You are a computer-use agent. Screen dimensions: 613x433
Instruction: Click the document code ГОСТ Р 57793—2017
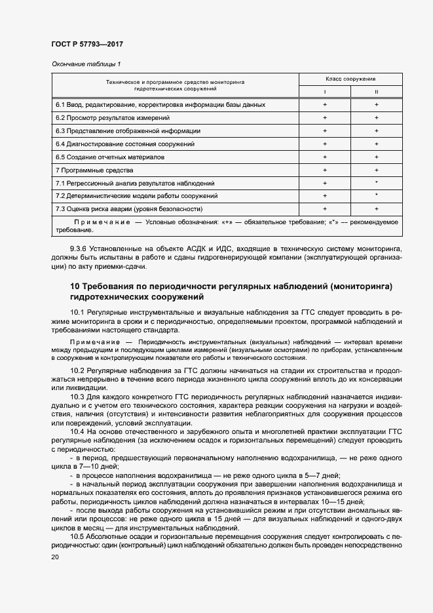87,44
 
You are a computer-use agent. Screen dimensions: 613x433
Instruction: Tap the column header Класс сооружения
350,79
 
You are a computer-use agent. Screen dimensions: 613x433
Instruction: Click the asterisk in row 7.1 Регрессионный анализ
376,183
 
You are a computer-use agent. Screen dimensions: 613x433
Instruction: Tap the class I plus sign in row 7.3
324,209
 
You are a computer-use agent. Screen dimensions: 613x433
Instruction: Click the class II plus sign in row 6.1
376,105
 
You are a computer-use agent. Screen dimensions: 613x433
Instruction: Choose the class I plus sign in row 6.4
324,144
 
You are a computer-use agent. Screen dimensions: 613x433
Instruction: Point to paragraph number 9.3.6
80,250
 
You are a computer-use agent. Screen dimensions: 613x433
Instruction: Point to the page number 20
54,557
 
